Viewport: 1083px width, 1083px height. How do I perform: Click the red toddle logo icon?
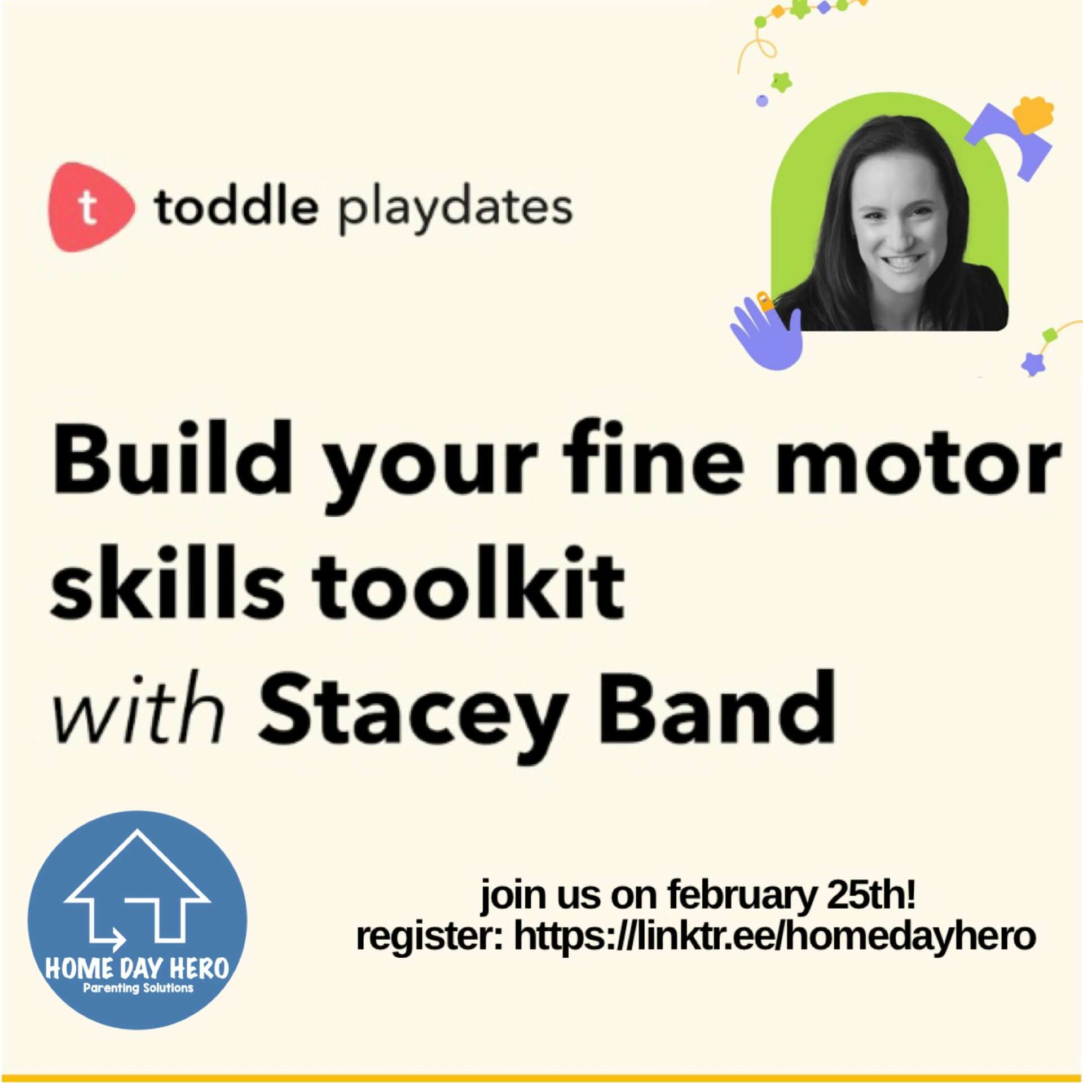(90, 206)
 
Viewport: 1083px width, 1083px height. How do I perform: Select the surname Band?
(716, 705)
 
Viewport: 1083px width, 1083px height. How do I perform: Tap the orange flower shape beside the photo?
(1033, 115)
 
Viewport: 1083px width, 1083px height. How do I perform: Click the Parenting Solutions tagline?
(138, 988)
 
